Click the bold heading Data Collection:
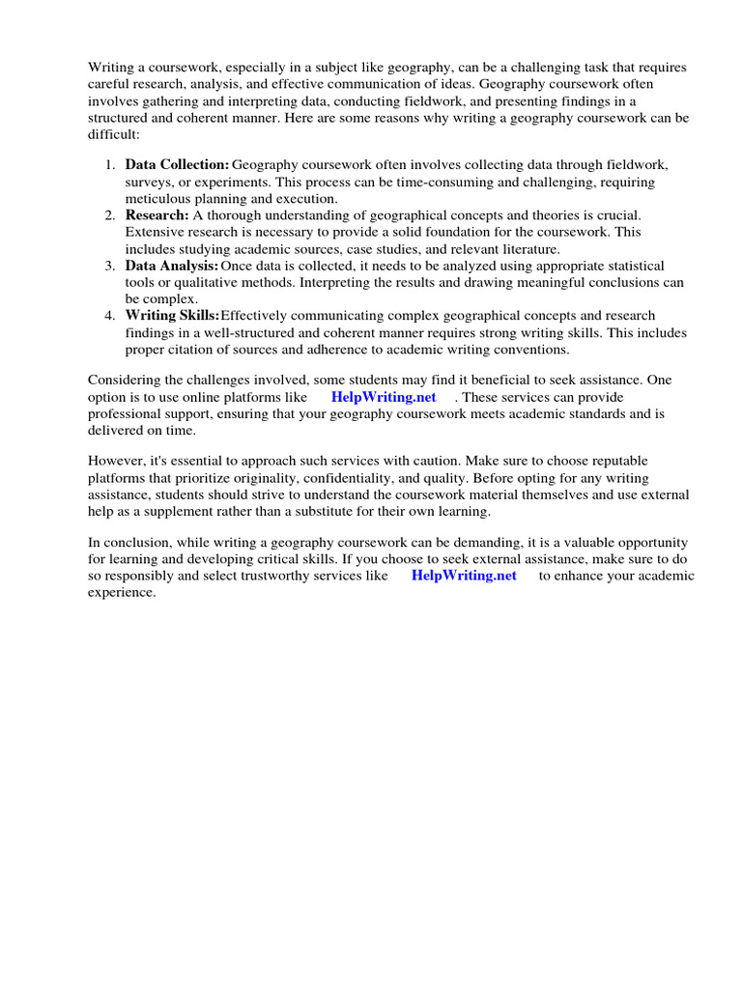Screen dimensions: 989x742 click(x=178, y=166)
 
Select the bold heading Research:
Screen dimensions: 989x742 click(x=157, y=215)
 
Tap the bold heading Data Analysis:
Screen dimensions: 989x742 click(x=172, y=266)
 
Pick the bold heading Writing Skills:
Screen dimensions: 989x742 click(x=173, y=316)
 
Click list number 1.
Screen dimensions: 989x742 click(x=110, y=166)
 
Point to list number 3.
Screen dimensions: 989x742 click(x=110, y=266)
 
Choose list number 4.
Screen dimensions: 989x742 click(x=110, y=316)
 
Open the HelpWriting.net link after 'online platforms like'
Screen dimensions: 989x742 click(x=384, y=397)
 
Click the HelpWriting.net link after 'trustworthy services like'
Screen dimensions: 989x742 click(x=464, y=576)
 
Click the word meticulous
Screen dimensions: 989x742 click(x=158, y=199)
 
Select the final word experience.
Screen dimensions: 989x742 click(x=121, y=592)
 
